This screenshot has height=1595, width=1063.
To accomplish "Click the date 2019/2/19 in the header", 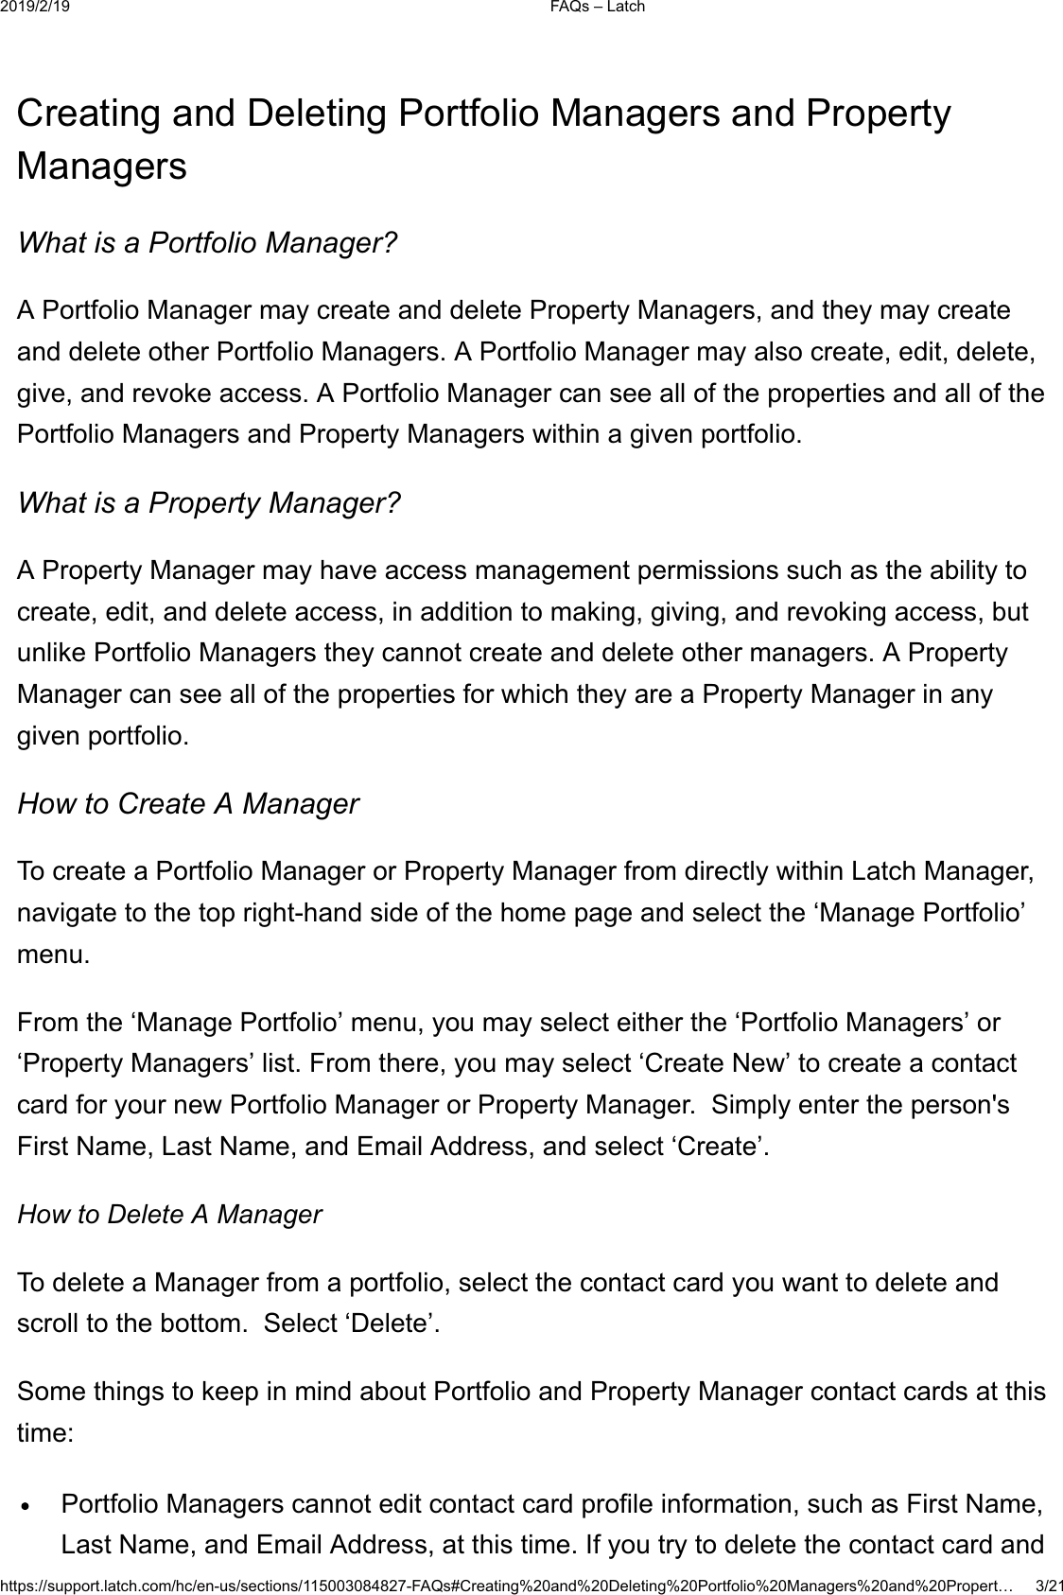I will [x=42, y=8].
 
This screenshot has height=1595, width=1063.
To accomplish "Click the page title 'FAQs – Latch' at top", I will [x=599, y=8].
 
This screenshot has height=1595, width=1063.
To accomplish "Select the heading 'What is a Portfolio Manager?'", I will [x=207, y=243].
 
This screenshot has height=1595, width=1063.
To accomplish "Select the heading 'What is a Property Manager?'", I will [x=209, y=502].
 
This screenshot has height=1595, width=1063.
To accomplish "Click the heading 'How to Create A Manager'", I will [x=188, y=803].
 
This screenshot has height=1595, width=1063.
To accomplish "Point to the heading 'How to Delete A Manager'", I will [x=170, y=1214].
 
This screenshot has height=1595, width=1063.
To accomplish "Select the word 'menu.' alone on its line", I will [x=54, y=954].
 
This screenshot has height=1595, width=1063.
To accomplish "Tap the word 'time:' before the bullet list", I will [x=44, y=1432].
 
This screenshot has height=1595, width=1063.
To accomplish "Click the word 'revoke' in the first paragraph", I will [x=176, y=393].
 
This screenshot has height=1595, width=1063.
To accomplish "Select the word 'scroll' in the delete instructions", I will [x=48, y=1323].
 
